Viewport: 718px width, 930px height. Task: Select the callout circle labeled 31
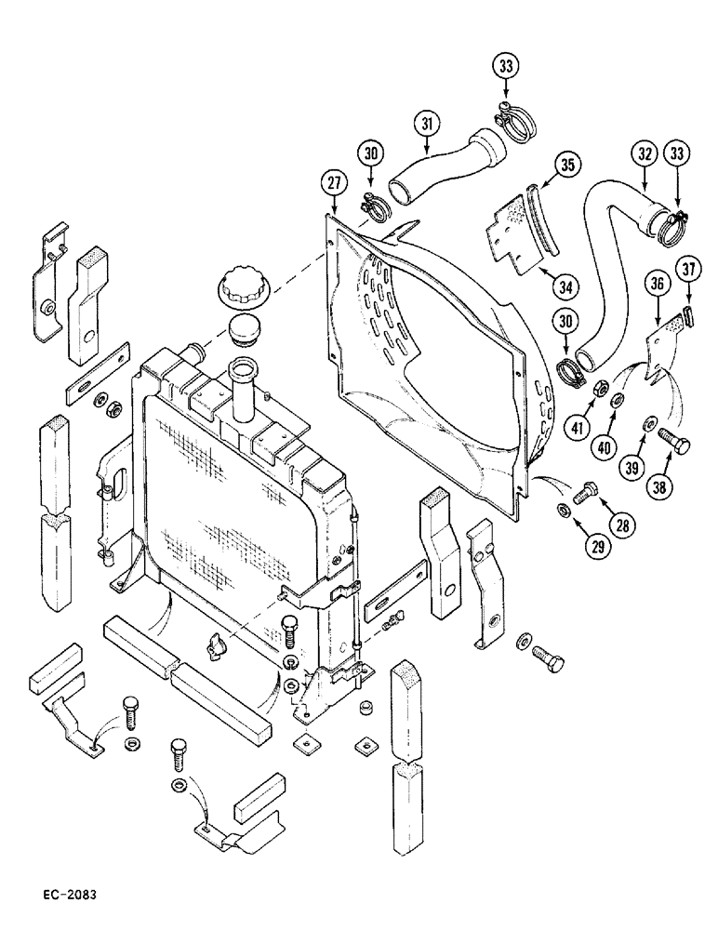(426, 124)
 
